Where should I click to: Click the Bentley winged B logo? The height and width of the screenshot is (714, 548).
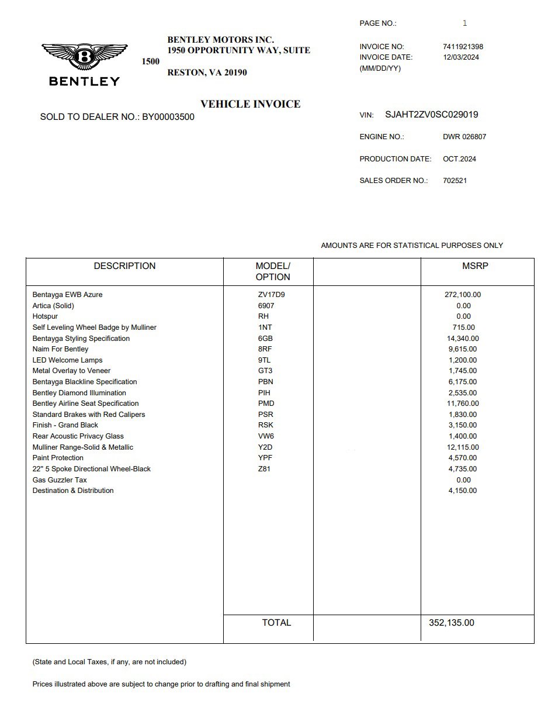pyautogui.click(x=85, y=58)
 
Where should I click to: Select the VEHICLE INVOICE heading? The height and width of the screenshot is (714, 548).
pyautogui.click(x=250, y=104)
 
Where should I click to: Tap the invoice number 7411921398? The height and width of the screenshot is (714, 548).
pyautogui.click(x=463, y=47)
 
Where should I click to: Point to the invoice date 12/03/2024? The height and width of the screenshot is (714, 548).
pyautogui.click(x=461, y=57)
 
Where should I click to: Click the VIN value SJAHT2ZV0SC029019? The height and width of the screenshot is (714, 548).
pyautogui.click(x=431, y=115)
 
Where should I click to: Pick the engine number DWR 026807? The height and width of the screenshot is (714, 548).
pyautogui.click(x=464, y=137)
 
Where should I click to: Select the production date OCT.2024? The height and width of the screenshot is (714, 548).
pyautogui.click(x=459, y=159)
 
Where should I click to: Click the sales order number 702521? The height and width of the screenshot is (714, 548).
pyautogui.click(x=455, y=181)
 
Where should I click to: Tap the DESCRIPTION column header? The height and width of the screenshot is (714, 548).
pyautogui.click(x=124, y=266)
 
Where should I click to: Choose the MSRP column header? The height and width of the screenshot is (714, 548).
pyautogui.click(x=474, y=266)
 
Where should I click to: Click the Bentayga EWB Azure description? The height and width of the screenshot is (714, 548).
pyautogui.click(x=67, y=295)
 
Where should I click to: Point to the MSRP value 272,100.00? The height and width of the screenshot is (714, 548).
pyautogui.click(x=463, y=295)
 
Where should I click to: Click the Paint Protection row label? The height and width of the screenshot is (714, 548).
pyautogui.click(x=58, y=458)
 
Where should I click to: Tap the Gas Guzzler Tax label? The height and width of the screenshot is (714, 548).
pyautogui.click(x=60, y=480)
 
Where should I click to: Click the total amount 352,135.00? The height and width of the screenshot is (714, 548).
pyautogui.click(x=452, y=623)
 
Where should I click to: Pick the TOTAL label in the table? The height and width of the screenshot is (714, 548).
pyautogui.click(x=276, y=623)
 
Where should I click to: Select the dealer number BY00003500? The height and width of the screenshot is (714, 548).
pyautogui.click(x=168, y=117)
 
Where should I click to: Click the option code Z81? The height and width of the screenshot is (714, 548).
pyautogui.click(x=264, y=469)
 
